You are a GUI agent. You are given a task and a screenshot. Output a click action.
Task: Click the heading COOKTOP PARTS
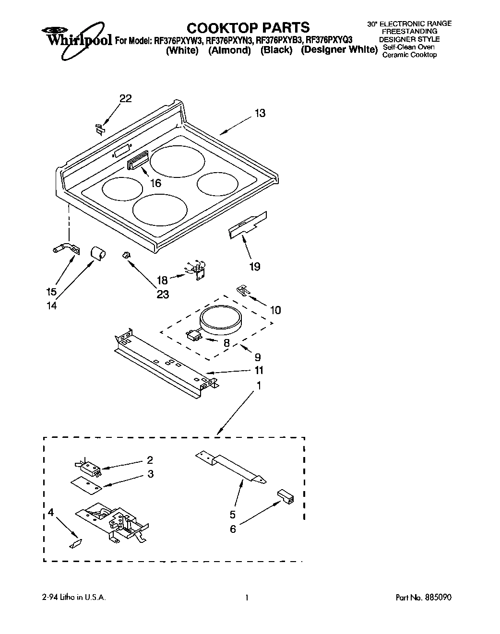tap(248, 26)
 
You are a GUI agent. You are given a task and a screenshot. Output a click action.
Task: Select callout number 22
tap(125, 98)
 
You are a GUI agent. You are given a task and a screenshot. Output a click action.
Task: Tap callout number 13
tap(260, 113)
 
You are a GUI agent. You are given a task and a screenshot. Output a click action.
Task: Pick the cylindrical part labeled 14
tap(98, 253)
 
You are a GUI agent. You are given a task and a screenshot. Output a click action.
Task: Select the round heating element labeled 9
tap(222, 320)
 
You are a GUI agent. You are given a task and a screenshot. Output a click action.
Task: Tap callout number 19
tap(254, 266)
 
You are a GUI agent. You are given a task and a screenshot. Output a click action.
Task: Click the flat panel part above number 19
tap(248, 222)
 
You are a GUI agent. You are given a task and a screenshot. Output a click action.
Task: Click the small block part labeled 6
tap(285, 496)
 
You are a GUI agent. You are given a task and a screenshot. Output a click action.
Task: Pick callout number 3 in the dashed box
tap(150, 474)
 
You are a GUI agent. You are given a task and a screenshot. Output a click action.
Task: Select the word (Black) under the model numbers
tap(276, 50)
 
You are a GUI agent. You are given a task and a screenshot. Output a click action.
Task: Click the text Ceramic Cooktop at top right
tap(409, 55)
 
